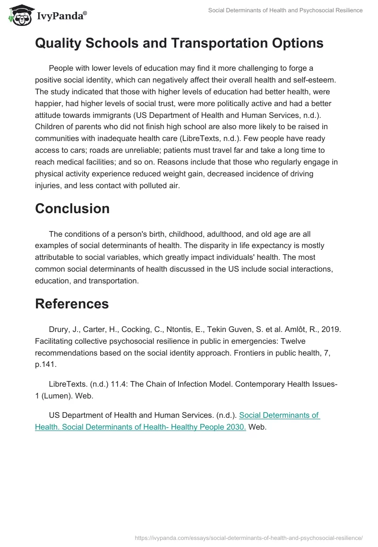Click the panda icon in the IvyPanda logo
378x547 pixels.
point(17,16)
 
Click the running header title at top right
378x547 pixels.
point(285,10)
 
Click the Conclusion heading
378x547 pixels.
point(72,208)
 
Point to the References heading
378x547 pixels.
point(72,304)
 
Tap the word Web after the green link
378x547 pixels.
point(258,427)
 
